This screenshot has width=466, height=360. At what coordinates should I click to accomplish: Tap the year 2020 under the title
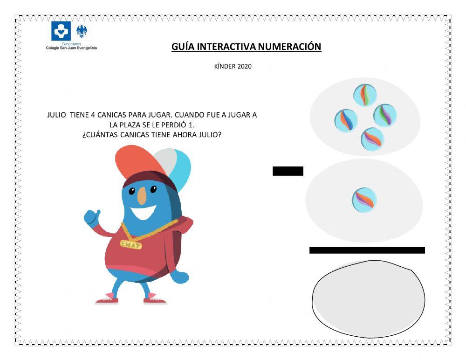tap(244, 66)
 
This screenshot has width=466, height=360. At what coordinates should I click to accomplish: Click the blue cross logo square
tap(61, 31)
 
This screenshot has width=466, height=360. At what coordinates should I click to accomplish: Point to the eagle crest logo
tap(84, 32)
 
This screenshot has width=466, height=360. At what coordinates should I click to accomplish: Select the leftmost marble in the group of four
tap(346, 120)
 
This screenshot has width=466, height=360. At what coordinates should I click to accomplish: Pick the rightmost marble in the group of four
tap(385, 115)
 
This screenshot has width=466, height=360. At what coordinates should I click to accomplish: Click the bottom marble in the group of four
tap(373, 138)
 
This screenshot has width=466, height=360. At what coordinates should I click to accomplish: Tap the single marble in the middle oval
tap(364, 200)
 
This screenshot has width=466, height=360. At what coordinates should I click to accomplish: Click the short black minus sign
tap(288, 171)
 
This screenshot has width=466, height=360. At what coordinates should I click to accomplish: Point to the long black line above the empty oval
tap(367, 250)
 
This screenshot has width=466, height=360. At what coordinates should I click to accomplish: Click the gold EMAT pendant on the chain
tap(131, 244)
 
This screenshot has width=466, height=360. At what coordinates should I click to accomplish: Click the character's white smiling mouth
tap(144, 213)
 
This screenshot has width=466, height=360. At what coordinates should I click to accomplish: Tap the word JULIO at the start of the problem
tap(57, 115)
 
